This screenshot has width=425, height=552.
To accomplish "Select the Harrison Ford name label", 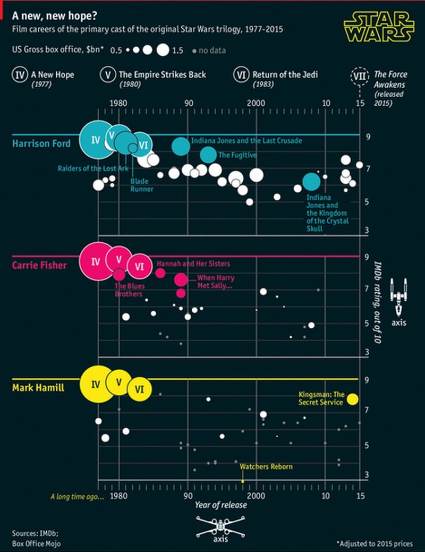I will click(41, 143).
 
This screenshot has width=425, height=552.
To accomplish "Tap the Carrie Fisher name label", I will click(40, 265).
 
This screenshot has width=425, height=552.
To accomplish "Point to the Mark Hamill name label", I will click(38, 387).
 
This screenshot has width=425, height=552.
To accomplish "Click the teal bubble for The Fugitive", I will click(209, 155).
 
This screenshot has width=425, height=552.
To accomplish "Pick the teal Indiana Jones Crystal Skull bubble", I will click(311, 182).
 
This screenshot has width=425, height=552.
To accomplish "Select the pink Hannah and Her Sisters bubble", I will click(160, 273).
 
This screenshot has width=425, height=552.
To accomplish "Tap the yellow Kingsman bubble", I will click(353, 400).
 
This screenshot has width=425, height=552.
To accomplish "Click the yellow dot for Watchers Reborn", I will click(243, 481).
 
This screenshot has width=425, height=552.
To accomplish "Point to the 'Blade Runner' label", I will click(142, 185).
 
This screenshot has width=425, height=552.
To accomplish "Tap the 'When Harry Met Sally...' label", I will click(215, 282).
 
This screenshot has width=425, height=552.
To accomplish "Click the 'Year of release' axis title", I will click(220, 504).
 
